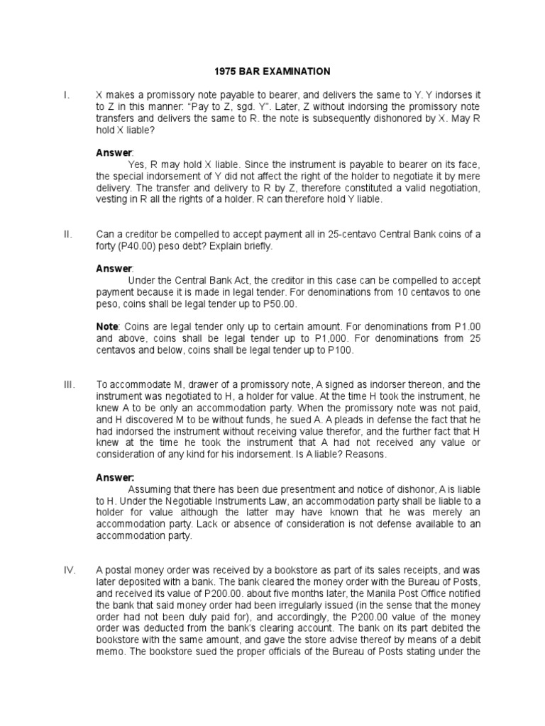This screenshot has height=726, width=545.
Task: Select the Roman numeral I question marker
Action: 65,94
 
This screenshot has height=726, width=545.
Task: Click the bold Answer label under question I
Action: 114,152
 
